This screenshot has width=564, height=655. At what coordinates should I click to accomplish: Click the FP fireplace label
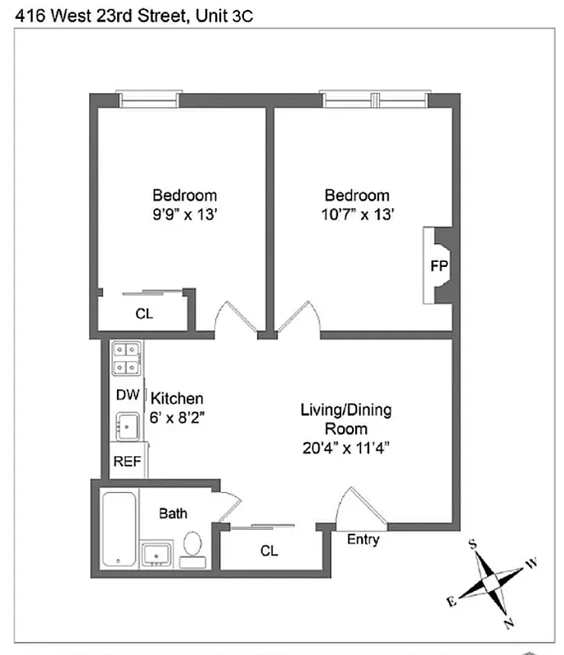(x=439, y=266)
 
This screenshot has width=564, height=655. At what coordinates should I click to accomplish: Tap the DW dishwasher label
(x=127, y=395)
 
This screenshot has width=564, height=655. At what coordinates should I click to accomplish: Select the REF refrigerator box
(x=127, y=461)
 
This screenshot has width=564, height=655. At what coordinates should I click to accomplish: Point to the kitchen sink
(x=127, y=426)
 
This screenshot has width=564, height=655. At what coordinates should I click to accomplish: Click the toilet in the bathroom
(x=192, y=544)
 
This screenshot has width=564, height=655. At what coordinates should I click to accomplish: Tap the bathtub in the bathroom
(x=120, y=529)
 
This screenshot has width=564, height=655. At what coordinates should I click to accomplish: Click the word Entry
(x=363, y=540)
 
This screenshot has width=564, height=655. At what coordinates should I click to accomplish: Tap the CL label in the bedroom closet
(x=144, y=314)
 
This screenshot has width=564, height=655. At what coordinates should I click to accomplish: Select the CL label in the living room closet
(x=269, y=551)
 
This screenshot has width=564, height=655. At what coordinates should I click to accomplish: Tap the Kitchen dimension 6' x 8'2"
(x=177, y=416)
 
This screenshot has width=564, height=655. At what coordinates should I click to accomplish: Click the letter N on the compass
(x=509, y=624)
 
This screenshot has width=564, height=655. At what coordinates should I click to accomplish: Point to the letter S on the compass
(x=472, y=544)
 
